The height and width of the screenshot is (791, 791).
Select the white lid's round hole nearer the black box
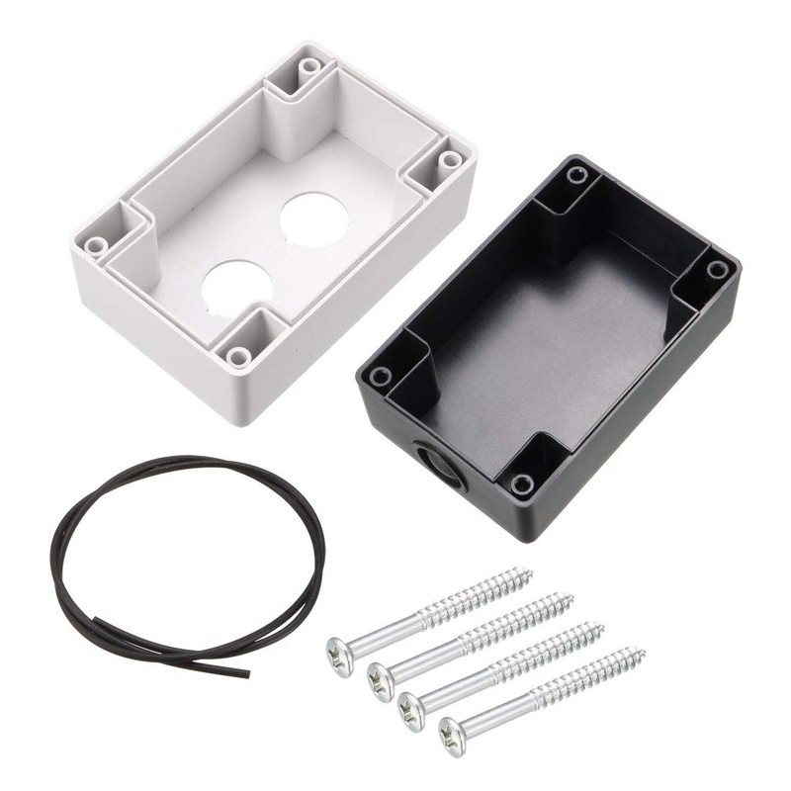[x=313, y=219]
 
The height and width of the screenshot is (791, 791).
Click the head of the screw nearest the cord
[x=339, y=657]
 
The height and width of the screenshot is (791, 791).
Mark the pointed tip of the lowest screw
[x=645, y=652]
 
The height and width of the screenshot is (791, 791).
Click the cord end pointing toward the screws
[x=247, y=675]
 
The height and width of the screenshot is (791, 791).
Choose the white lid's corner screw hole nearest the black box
[x=451, y=159]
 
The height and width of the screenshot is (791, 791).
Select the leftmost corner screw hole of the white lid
[x=96, y=244]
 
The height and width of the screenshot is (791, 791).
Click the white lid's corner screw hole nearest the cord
[x=238, y=356]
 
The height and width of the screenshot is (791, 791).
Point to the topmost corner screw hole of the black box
[x=577, y=175]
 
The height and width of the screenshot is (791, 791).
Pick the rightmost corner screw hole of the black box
[x=717, y=269]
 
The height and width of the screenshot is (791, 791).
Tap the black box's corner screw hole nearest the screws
[x=522, y=484]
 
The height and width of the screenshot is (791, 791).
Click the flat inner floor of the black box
[x=554, y=336]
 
